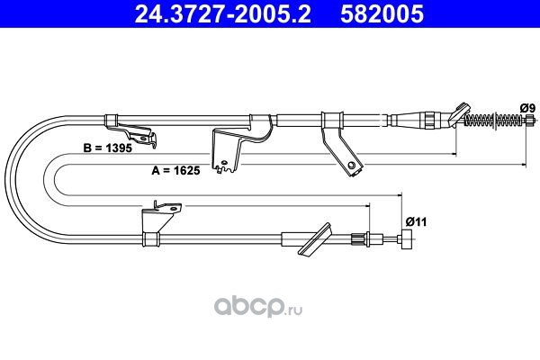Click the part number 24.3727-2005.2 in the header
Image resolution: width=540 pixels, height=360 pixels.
coord(222,14)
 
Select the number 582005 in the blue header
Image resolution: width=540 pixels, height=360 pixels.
coord(382,14)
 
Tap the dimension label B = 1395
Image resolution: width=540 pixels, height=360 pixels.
coord(107,148)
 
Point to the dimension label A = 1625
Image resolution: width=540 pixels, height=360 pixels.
coord(175,170)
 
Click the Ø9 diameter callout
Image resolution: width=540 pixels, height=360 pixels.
coord(527,108)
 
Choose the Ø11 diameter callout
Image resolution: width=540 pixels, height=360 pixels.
coord(416,221)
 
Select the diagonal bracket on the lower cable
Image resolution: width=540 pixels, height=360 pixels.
coord(315,239)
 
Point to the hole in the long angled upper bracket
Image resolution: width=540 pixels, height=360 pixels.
coord(351,165)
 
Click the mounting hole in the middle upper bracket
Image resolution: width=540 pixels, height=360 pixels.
coord(224,162)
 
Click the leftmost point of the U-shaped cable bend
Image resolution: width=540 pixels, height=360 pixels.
coord(6,180)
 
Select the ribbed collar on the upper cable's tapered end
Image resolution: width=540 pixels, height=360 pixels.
coord(430,120)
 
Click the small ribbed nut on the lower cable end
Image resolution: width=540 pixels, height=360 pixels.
coord(357,238)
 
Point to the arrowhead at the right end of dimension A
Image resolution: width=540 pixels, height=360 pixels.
coord(524,165)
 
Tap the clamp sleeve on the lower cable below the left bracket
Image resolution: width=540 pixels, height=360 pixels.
coord(151,238)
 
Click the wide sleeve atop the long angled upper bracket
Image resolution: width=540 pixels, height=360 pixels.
coord(332,121)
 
